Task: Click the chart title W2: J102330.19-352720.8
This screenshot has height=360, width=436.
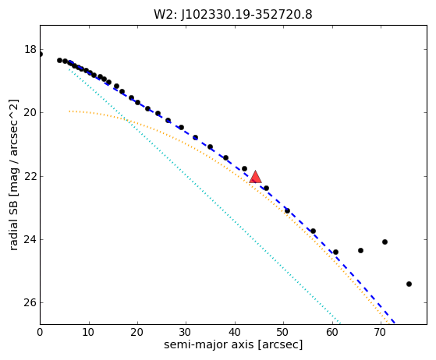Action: coord(233,14)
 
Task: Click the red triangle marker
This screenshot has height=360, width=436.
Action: coord(255,177)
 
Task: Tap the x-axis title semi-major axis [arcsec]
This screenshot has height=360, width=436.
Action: coord(233,344)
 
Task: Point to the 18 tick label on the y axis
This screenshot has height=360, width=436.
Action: coord(30,49)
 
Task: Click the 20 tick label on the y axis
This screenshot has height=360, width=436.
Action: coord(30,112)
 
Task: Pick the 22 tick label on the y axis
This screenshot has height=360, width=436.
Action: coord(30,176)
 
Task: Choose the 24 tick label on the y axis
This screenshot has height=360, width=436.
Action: coord(30,239)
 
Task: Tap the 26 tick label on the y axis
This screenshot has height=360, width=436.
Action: coord(30,302)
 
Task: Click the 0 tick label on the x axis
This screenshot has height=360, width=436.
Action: coord(40,332)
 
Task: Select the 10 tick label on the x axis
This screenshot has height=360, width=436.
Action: coord(89,332)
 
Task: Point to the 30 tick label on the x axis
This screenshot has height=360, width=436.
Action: coord(186,332)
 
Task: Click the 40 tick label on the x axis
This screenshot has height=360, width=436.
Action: coord(235,332)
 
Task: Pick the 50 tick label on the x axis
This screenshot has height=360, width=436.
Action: coord(283,332)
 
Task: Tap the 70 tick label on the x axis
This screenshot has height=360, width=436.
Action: coord(381,332)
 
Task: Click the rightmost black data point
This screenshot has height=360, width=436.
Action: coord(409,284)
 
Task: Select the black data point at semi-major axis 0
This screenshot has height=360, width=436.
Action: coord(41,55)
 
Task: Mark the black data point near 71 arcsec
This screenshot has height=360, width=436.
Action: coord(385,242)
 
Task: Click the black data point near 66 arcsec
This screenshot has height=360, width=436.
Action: coord(360,251)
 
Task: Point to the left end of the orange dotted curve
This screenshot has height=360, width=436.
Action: coord(69,111)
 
